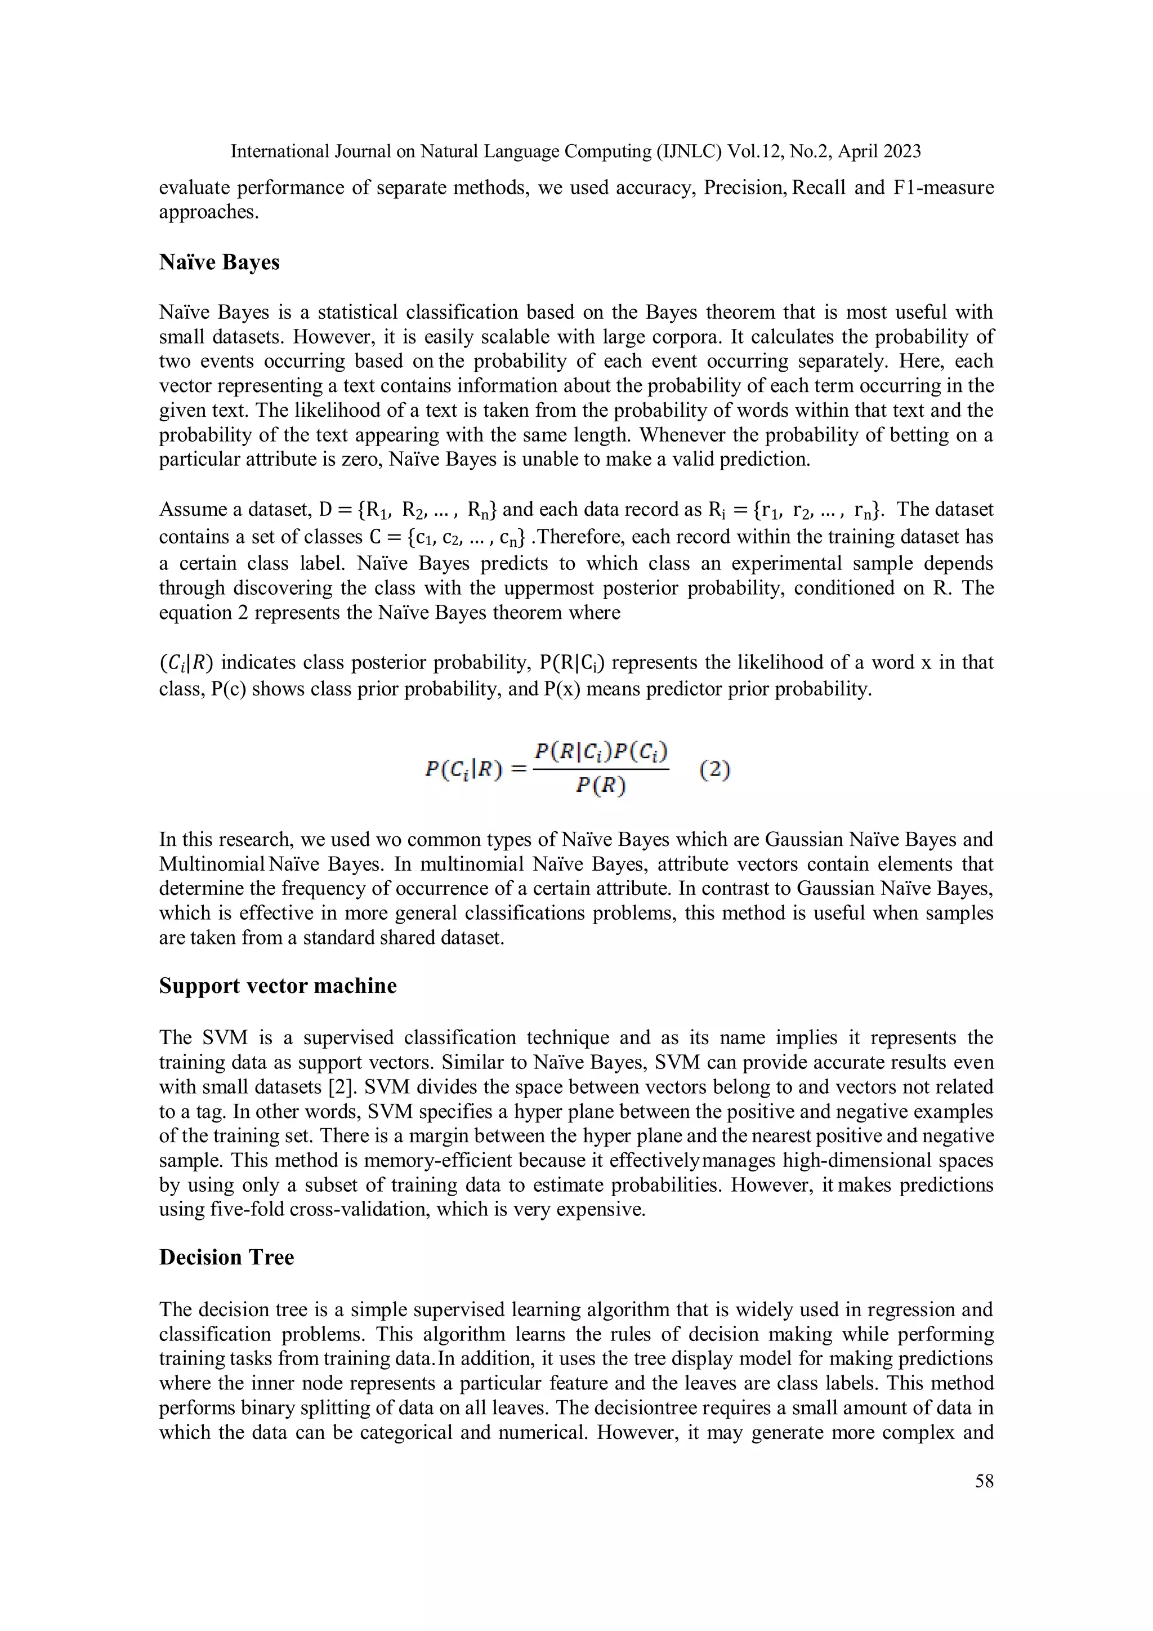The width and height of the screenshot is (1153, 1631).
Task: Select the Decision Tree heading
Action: pos(226,1258)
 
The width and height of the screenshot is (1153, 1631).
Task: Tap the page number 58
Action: pos(984,1481)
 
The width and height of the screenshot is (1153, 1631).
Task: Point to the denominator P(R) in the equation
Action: pos(601,785)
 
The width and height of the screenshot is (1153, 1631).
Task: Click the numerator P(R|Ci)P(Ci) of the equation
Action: pos(601,751)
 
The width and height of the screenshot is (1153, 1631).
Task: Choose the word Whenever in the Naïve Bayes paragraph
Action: pos(682,435)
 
